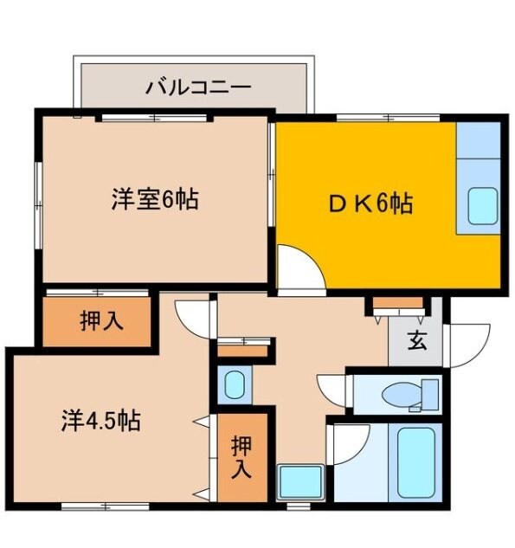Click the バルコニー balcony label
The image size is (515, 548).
tap(198, 87)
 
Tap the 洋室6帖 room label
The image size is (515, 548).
tap(154, 200)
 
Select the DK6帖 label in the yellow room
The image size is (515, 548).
tap(368, 204)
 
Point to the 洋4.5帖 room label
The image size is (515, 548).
tap(101, 422)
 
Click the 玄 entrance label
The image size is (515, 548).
tap(417, 340)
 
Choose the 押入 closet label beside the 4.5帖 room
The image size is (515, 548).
tap(241, 457)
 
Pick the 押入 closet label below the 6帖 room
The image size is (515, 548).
tap(101, 321)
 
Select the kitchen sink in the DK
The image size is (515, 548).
tap(480, 204)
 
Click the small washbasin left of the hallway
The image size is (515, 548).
tap(232, 384)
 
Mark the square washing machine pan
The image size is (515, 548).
tap(299, 481)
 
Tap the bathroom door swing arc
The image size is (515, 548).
tap(346, 443)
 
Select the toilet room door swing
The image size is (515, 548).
tap(333, 387)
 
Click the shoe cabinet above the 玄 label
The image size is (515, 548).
tap(398, 304)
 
